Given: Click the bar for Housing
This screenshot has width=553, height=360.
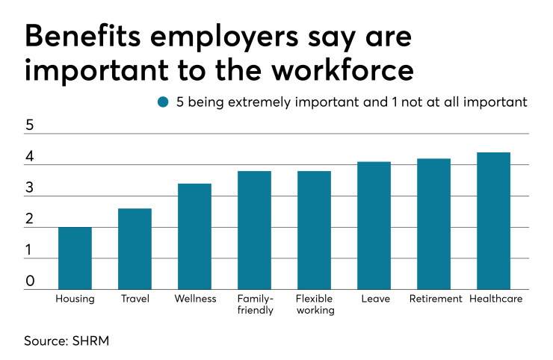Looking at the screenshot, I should pos(75,258).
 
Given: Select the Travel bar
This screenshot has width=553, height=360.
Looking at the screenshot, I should pos(135,249).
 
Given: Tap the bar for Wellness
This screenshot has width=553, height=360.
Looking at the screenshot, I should pos(194,237).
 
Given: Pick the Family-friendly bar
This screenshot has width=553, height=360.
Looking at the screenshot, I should pos(254,230).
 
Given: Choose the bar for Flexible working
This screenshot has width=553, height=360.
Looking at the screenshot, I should pos(314,230).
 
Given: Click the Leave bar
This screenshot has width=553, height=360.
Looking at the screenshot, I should pos(374,226).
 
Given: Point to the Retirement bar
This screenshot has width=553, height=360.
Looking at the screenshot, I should pos(433,224).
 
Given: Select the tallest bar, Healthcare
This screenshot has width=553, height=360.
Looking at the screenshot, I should pos(493,221).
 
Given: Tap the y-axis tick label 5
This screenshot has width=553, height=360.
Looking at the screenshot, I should pos(30,125).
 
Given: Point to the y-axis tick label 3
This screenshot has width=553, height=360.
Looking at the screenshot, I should pos(30,187).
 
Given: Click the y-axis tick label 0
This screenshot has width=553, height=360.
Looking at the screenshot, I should pos(30,281).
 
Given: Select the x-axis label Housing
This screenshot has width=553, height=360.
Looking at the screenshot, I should pos(75,299).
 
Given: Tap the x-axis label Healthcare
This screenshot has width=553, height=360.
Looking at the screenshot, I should pos(495,299).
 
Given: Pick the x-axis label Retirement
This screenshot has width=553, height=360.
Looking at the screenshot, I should pos(433,299).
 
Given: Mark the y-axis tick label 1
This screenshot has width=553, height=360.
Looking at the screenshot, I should pos(30,250).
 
